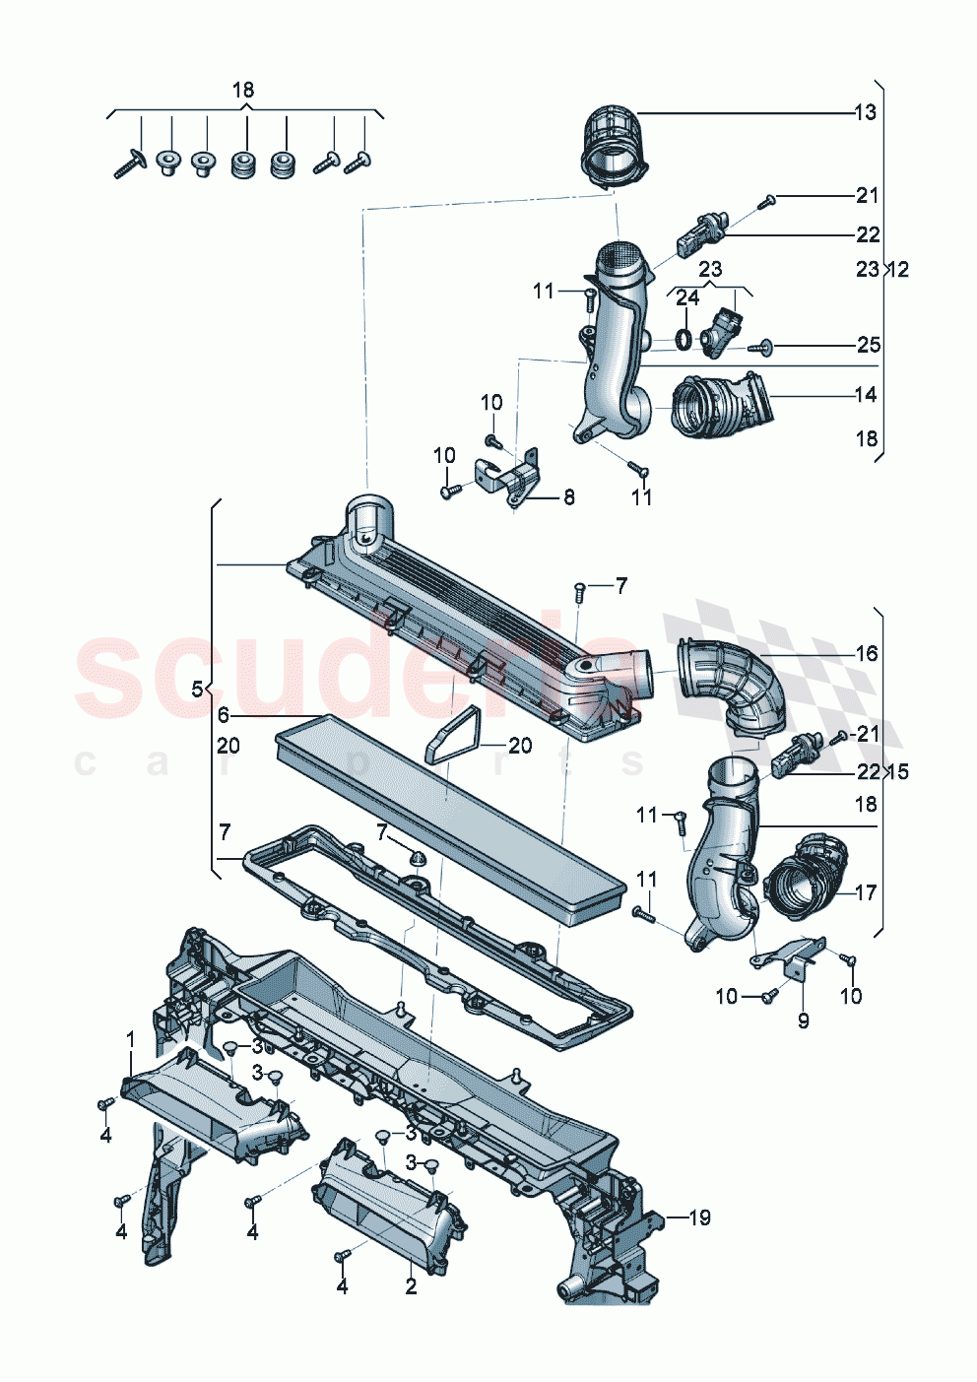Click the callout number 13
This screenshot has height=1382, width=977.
(x=865, y=112)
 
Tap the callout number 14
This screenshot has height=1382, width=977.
(x=865, y=395)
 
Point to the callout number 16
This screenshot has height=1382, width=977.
(x=866, y=653)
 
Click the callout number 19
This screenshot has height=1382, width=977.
(x=698, y=1218)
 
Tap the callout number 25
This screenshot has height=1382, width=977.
(x=868, y=345)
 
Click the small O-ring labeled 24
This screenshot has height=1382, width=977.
(x=682, y=341)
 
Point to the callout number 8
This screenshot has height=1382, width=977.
(x=568, y=497)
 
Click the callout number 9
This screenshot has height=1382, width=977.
(x=803, y=1021)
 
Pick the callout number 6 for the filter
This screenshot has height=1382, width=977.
(x=224, y=715)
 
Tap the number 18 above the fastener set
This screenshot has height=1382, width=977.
(x=243, y=91)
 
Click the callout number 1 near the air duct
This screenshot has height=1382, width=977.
(x=130, y=1039)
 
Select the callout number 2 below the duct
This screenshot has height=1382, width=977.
(x=411, y=1286)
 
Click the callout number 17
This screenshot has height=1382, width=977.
(x=865, y=893)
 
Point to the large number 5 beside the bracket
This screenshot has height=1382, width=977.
(x=196, y=689)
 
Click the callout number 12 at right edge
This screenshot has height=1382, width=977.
(x=898, y=269)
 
